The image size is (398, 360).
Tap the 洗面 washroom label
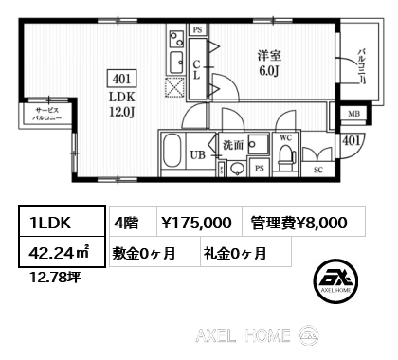pos(233,145)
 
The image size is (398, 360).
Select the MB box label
pos(354,116)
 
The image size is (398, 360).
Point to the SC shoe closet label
pos(317,171)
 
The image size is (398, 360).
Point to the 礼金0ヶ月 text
pos(234,253)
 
